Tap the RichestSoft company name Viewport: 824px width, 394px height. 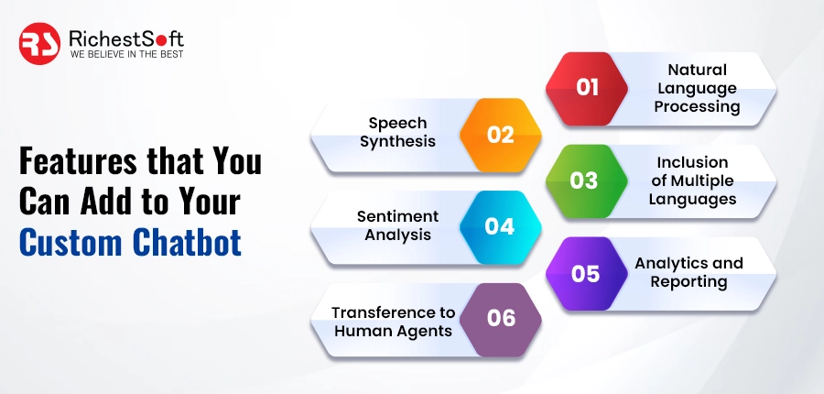pos(126,38)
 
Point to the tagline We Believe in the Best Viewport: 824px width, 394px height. pos(126,55)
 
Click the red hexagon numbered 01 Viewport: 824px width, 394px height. pos(588,88)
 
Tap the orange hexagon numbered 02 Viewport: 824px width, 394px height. pos(500,134)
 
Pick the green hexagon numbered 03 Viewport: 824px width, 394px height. pos(584,180)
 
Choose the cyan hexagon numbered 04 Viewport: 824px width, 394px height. pos(500,225)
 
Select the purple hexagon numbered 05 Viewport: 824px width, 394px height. pos(586,273)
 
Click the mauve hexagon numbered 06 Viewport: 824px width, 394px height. pos(501,319)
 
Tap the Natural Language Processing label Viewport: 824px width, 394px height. pos(697,88)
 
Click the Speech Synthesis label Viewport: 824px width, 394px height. pos(397,132)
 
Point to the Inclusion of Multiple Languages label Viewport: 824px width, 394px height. pos(693,181)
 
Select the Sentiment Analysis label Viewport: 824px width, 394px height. pos(397,225)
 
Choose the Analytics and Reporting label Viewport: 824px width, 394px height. pos(688,272)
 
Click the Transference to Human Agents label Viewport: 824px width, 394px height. pos(394,321)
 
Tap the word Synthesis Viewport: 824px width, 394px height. pos(397,142)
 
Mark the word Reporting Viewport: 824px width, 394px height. pos(688,282)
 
